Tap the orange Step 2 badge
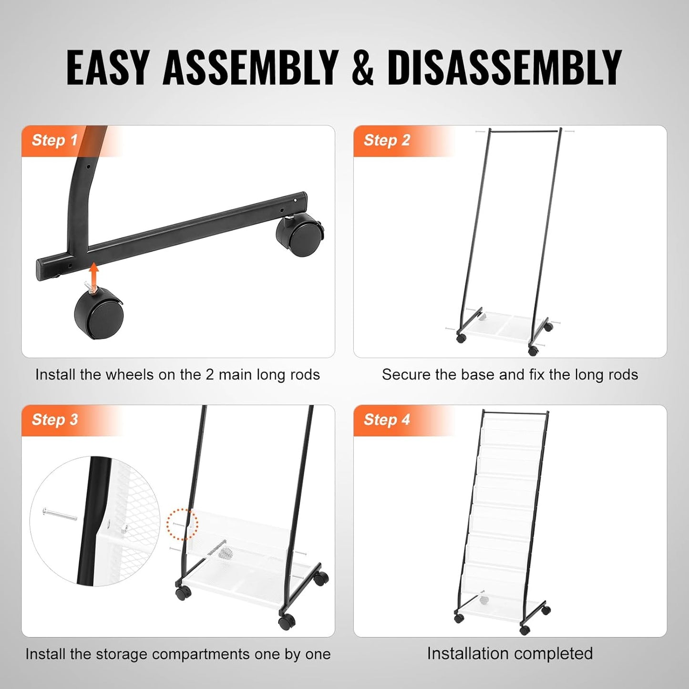click(x=387, y=141)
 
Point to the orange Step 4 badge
click(x=387, y=420)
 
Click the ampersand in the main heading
click(x=362, y=67)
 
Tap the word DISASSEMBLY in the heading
click(x=505, y=67)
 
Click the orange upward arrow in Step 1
click(x=93, y=275)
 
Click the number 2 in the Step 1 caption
click(x=209, y=375)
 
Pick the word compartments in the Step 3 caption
click(x=201, y=654)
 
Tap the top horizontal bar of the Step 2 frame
click(x=524, y=131)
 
